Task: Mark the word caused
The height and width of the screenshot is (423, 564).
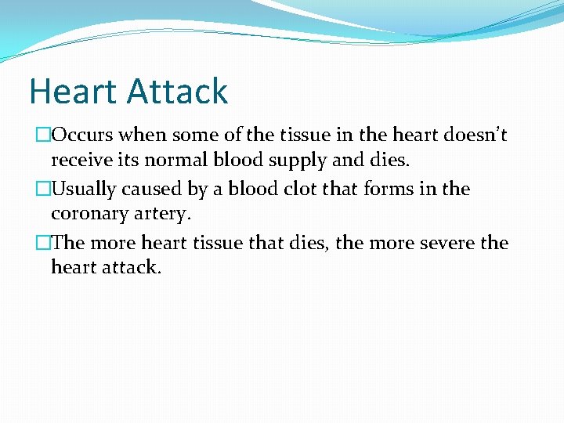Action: (150, 190)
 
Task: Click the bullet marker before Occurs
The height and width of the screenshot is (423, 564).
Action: (45, 136)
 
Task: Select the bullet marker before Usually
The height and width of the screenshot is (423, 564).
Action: (45, 190)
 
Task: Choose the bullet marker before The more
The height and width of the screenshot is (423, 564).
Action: (45, 243)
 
